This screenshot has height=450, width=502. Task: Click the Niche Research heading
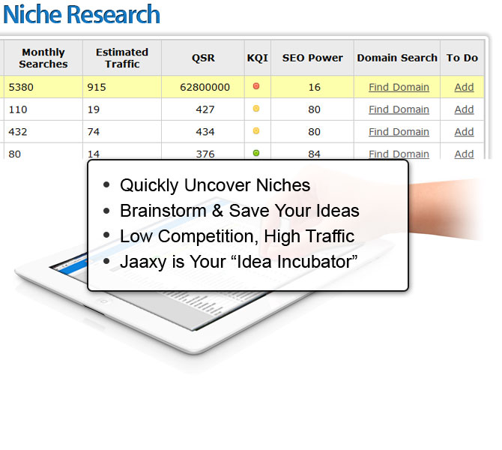coord(82,14)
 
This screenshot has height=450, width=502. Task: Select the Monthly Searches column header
coord(43,58)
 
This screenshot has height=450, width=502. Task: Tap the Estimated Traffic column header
coord(122,58)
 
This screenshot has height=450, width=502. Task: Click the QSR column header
coord(203,58)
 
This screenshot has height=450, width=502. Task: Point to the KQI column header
coord(258,58)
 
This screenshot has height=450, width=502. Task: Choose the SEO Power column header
coord(312,58)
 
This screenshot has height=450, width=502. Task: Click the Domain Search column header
coord(397,58)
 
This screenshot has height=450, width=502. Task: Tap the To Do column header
coord(462,58)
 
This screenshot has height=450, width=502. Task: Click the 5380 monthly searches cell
coord(21,87)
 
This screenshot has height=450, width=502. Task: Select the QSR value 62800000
coord(205,87)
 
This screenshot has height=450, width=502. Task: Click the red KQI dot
coord(256,86)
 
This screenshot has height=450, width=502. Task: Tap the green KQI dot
coord(256,153)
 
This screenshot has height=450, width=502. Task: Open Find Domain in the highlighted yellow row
coord(399,87)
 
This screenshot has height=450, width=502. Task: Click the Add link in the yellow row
coord(464,87)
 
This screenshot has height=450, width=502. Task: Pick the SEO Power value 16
coord(315,87)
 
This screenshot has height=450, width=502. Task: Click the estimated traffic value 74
coord(94,132)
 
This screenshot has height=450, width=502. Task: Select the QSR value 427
coord(205,109)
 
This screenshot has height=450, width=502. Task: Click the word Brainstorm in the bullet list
coord(163,211)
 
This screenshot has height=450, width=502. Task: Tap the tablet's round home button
coord(103,301)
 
